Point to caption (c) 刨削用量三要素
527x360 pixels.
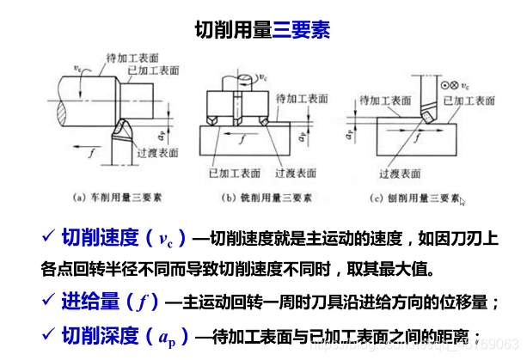click(x=411, y=196)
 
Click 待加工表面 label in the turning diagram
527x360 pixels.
click(x=131, y=57)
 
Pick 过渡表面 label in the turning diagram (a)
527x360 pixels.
click(x=157, y=152)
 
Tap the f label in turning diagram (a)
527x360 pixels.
click(x=91, y=151)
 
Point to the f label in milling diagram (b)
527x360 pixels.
click(x=243, y=137)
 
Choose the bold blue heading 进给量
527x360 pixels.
click(x=90, y=301)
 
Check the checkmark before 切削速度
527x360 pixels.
click(x=48, y=235)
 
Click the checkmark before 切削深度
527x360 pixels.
click(x=48, y=333)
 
